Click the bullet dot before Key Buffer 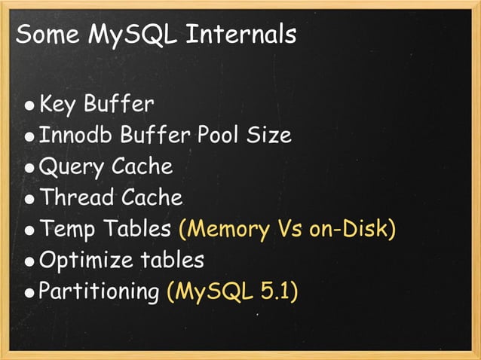click(29, 106)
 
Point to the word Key click(58, 102)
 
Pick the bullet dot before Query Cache click(29, 169)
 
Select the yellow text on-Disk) click(352, 229)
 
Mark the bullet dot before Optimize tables click(29, 263)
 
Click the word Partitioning click(100, 292)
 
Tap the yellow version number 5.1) click(279, 291)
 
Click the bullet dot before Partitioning click(29, 294)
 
